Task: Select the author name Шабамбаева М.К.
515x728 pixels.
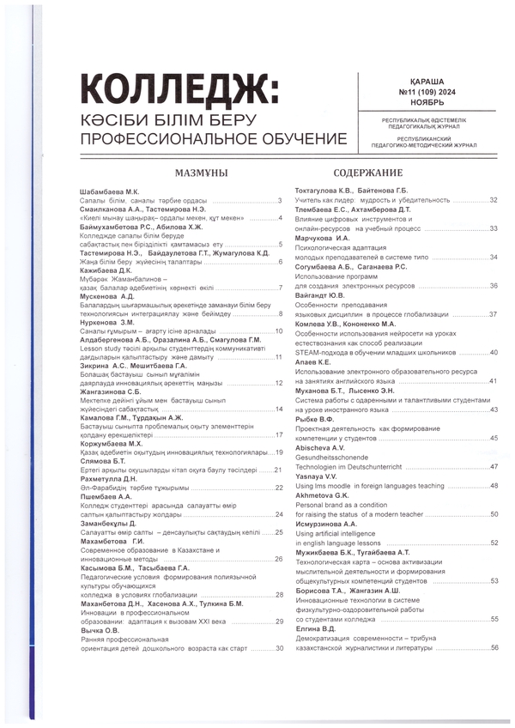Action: [108, 191]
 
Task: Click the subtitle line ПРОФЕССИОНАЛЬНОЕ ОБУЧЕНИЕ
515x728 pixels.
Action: [213, 138]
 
